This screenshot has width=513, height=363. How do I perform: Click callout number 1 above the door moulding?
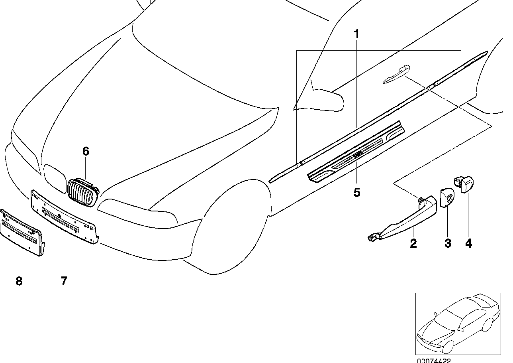[356, 34]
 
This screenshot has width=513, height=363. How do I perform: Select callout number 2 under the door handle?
[413, 243]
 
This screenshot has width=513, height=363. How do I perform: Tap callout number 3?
[448, 243]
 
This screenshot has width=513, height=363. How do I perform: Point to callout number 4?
[468, 243]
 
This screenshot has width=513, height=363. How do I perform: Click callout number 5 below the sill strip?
[356, 192]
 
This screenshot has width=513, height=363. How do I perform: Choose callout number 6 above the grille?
[86, 151]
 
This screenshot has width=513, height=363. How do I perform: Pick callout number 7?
[64, 281]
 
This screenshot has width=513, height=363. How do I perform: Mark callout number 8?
[19, 281]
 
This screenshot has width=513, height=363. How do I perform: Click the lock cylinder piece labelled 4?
[464, 184]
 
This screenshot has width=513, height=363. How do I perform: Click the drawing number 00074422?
[434, 360]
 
